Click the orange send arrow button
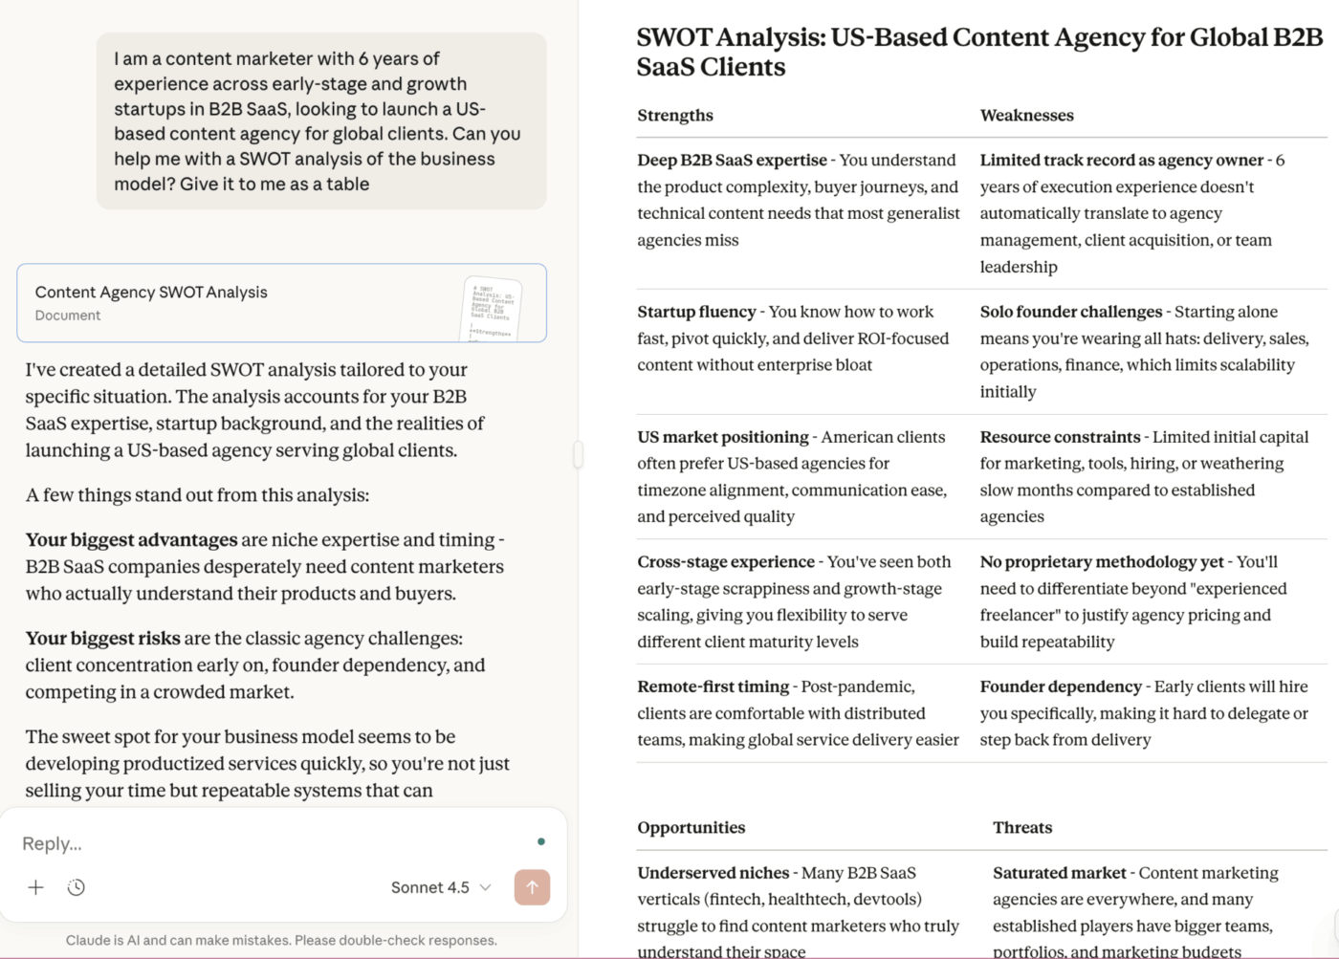click(x=532, y=887)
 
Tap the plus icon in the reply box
click(x=35, y=887)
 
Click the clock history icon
click(x=77, y=887)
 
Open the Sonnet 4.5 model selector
click(x=440, y=887)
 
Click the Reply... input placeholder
click(x=53, y=843)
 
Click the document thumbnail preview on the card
click(x=493, y=309)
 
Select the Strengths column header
click(x=675, y=116)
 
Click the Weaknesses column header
click(x=1026, y=116)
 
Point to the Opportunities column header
click(x=691, y=828)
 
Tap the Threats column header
click(x=1021, y=828)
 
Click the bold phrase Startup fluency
click(x=696, y=312)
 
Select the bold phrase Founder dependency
click(x=1060, y=687)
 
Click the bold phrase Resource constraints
click(x=1060, y=437)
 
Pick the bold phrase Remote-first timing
click(x=713, y=687)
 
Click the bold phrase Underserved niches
click(x=713, y=873)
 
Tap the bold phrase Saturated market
click(x=1059, y=873)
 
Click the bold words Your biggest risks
click(x=102, y=639)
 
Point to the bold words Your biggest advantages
click(x=131, y=540)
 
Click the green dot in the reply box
click(x=541, y=841)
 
